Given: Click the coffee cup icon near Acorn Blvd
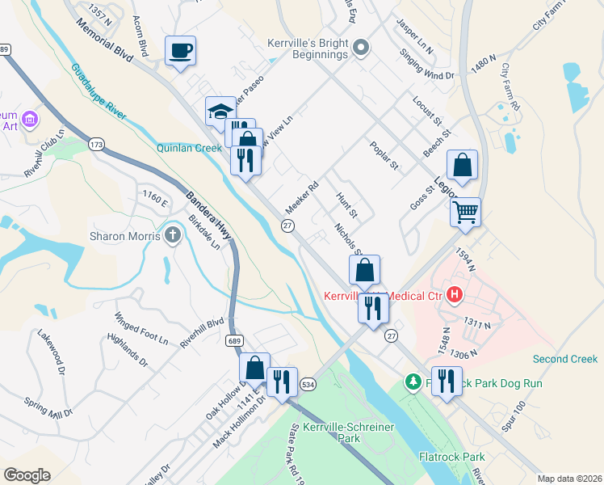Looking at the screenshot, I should pyautogui.click(x=180, y=51).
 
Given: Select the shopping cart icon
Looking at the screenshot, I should pyautogui.click(x=465, y=213).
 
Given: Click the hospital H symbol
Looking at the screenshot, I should pyautogui.click(x=455, y=295).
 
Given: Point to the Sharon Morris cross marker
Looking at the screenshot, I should pyautogui.click(x=172, y=235).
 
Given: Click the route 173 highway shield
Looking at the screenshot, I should pyautogui.click(x=97, y=145).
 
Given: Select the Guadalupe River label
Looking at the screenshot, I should pyautogui.click(x=98, y=92).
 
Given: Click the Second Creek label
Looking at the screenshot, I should pyautogui.click(x=564, y=359).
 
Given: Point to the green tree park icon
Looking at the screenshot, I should pyautogui.click(x=413, y=381).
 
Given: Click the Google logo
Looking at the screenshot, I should pyautogui.click(x=27, y=475).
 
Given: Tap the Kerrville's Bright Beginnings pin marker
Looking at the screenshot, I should pyautogui.click(x=361, y=48).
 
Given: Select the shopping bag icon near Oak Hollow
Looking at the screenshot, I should pyautogui.click(x=254, y=369).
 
